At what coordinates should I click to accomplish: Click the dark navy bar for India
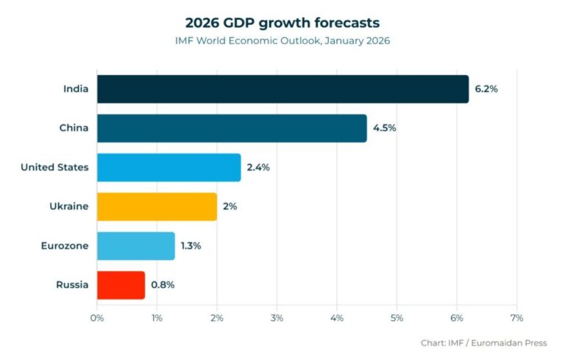(x=282, y=89)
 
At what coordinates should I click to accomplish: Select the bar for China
(x=232, y=128)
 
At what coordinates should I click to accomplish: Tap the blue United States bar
(x=168, y=167)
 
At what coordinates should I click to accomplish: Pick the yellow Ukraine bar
(x=157, y=206)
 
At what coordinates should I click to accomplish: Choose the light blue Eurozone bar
(x=135, y=245)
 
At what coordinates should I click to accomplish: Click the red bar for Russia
(x=121, y=285)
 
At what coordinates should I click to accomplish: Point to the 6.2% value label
(x=486, y=89)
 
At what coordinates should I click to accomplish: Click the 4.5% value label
(x=384, y=128)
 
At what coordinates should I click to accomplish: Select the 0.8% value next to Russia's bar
(x=163, y=285)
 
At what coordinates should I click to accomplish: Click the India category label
(x=76, y=89)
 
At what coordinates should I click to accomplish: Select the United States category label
(x=54, y=167)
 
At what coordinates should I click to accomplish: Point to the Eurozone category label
(x=64, y=245)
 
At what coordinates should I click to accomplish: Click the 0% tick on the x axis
(x=97, y=318)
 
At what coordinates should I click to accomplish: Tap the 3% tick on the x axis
(x=277, y=318)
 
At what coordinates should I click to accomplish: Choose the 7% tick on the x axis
(x=516, y=318)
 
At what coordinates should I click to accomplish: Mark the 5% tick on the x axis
(x=397, y=318)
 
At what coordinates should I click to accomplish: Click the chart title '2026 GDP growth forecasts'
(x=282, y=22)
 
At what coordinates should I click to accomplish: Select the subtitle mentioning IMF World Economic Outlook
(x=282, y=40)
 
